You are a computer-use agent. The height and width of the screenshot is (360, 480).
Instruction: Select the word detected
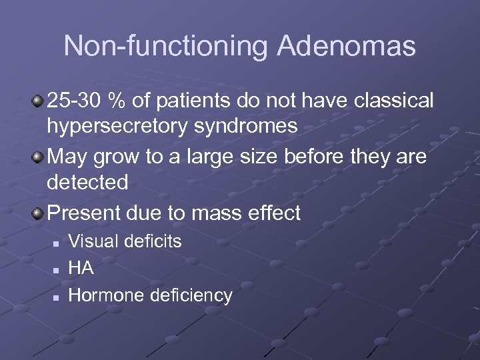coord(87,182)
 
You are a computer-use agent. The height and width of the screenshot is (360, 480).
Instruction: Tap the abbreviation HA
coord(81,268)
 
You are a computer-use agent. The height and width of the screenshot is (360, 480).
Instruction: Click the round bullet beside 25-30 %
coord(37,101)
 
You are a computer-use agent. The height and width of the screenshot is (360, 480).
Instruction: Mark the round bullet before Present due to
coord(37,213)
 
